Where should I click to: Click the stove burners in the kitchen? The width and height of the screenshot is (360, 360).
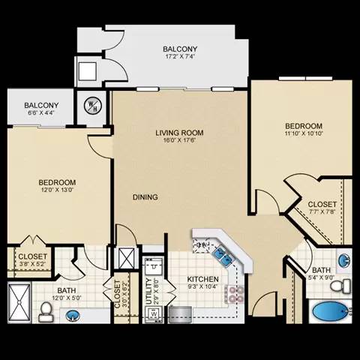tap(238, 293)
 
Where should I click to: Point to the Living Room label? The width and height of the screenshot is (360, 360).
tap(179, 133)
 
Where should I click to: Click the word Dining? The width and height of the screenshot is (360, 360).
tap(145, 197)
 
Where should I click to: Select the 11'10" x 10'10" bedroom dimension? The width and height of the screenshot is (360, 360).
tap(304, 135)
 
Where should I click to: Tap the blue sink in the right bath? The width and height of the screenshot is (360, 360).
tap(343, 260)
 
